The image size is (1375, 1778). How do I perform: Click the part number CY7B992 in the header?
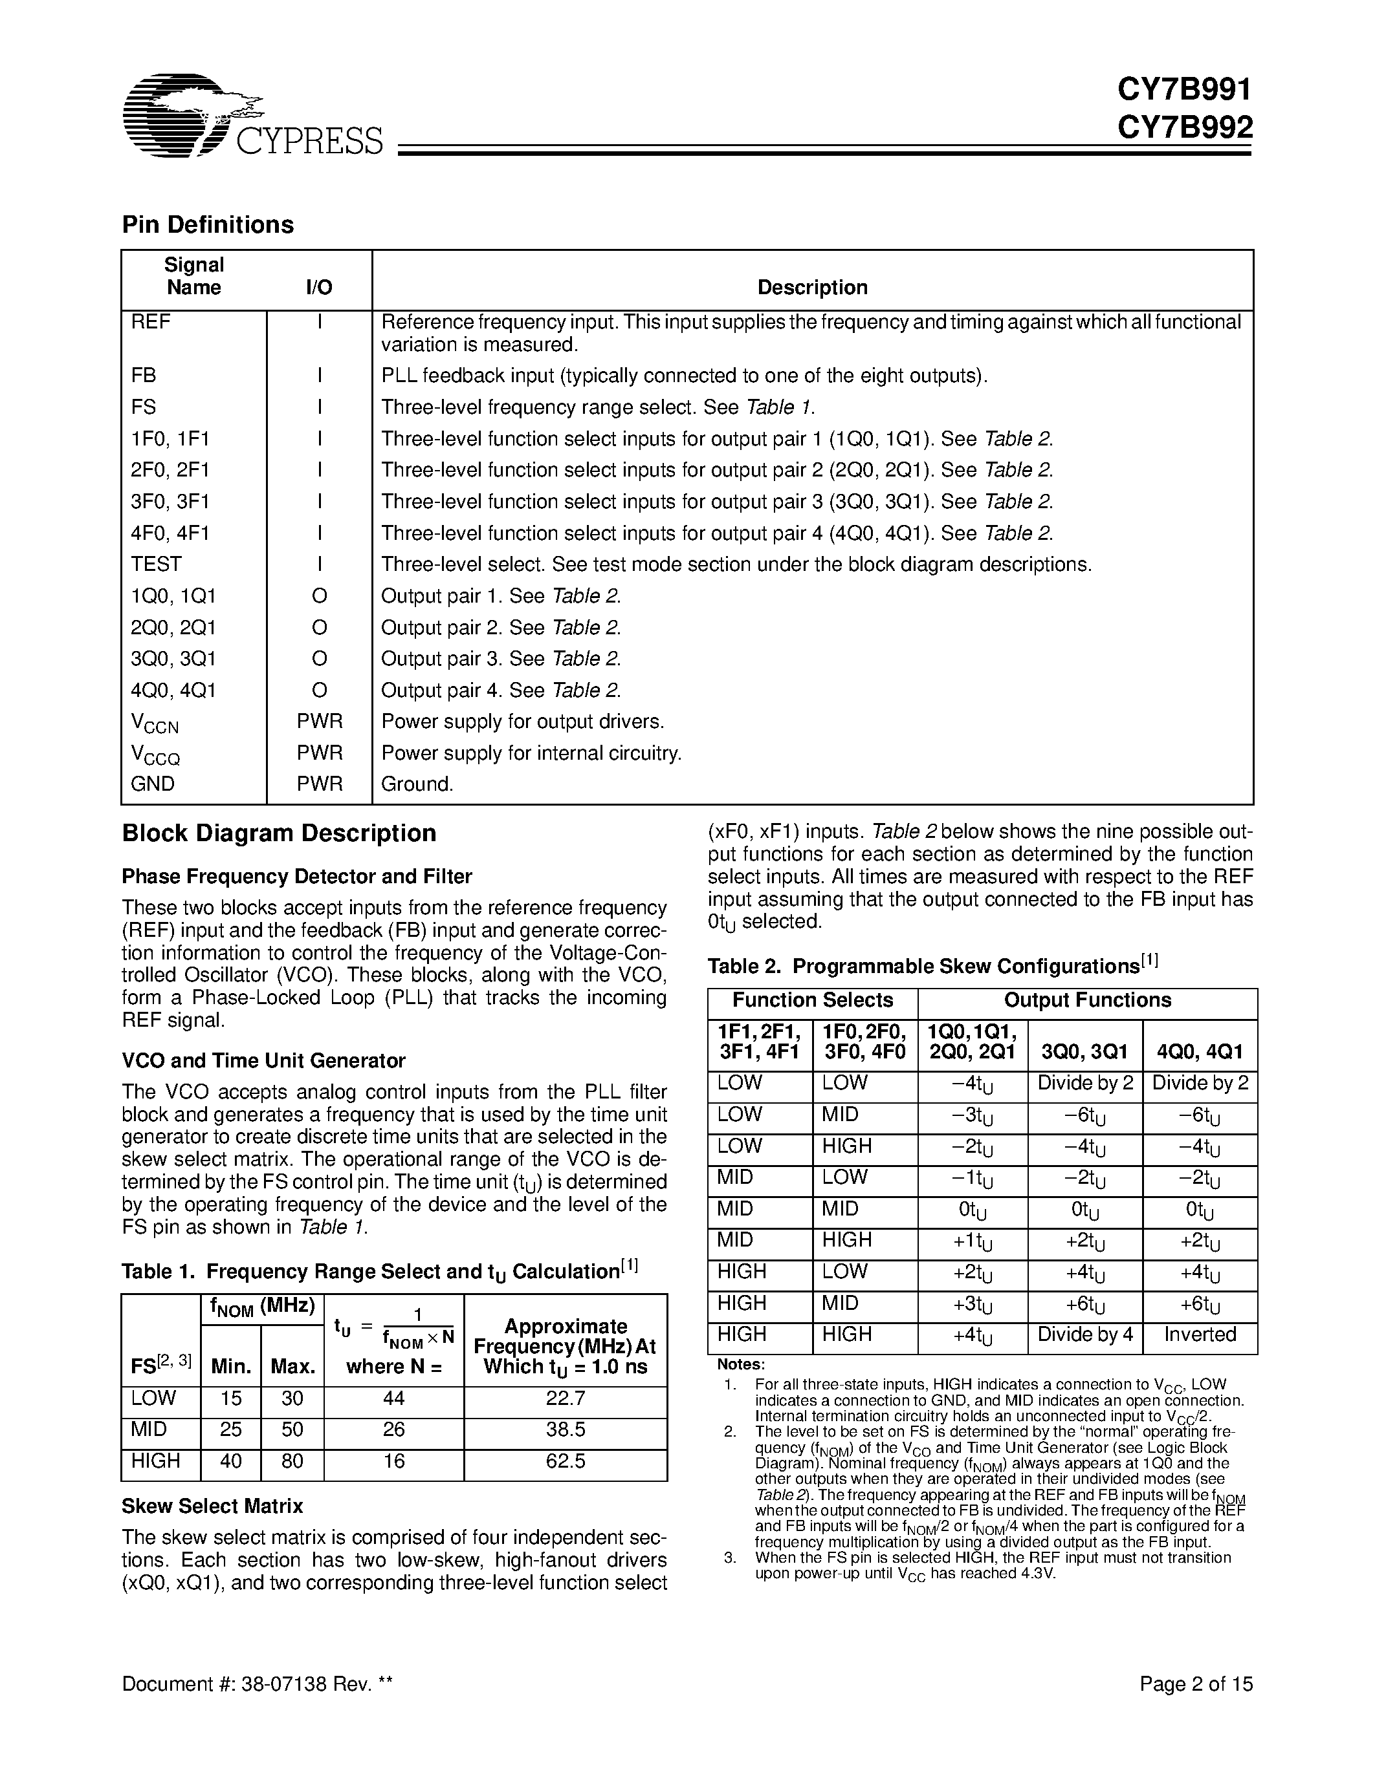[x=1183, y=127]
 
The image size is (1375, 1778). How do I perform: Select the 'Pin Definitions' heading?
[x=208, y=225]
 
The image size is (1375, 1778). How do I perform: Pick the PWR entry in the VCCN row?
[x=319, y=722]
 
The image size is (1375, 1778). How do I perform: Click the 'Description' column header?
[x=812, y=287]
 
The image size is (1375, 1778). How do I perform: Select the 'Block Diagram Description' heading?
[x=279, y=833]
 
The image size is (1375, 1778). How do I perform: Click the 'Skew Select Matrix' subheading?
[x=212, y=1506]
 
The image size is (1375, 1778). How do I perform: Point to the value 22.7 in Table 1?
[x=566, y=1398]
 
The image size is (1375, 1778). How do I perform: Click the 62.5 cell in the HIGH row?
[x=566, y=1461]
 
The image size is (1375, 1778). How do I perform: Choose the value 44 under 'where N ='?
[x=393, y=1398]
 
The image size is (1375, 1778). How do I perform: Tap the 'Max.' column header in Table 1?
[x=292, y=1367]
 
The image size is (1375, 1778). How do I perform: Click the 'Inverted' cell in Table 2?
[x=1199, y=1335]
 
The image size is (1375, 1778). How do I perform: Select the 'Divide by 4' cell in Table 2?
[x=1085, y=1335]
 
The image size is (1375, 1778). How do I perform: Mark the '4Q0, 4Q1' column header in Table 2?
[x=1199, y=1052]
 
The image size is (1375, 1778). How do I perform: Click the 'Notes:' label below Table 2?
[x=740, y=1364]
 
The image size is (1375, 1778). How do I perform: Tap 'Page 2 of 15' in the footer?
[x=1195, y=1684]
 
